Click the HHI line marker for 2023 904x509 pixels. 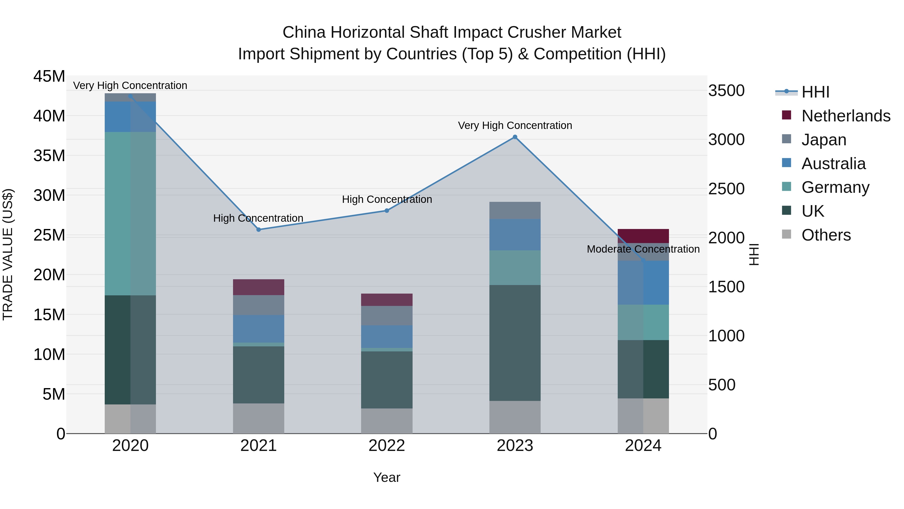tap(515, 137)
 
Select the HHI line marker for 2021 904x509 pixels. tap(259, 230)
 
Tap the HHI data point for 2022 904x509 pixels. tap(387, 211)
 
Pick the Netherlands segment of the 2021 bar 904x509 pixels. tap(259, 287)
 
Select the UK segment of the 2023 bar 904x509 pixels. tap(515, 343)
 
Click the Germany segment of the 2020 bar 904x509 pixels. tap(130, 214)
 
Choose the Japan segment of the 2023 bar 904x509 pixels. tap(515, 210)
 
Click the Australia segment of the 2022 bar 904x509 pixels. tap(387, 337)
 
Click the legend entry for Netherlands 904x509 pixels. tap(846, 116)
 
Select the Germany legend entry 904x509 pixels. tap(835, 187)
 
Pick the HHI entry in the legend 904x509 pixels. tap(815, 92)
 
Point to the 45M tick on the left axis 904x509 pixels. tap(49, 76)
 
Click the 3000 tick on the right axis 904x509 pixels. tap(726, 140)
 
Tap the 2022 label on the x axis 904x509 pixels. tap(387, 446)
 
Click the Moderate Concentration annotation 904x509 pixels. tap(643, 249)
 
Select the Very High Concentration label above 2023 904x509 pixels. tap(515, 125)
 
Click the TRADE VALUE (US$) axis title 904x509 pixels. tap(8, 254)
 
